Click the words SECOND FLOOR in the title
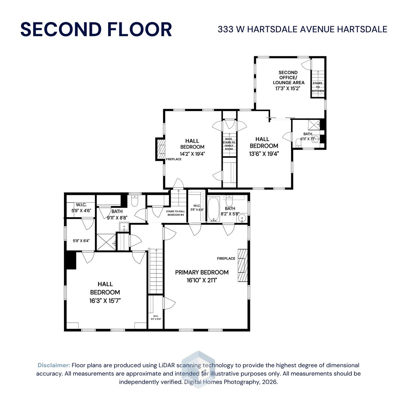(96, 29)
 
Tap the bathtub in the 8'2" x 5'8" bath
(213, 210)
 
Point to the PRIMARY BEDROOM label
(202, 272)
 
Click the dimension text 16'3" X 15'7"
(105, 300)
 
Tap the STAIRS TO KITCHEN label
(318, 87)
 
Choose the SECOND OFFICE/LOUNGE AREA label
(288, 78)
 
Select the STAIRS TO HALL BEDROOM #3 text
(175, 213)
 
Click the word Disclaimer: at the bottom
(54, 365)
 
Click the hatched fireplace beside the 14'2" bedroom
(161, 149)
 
